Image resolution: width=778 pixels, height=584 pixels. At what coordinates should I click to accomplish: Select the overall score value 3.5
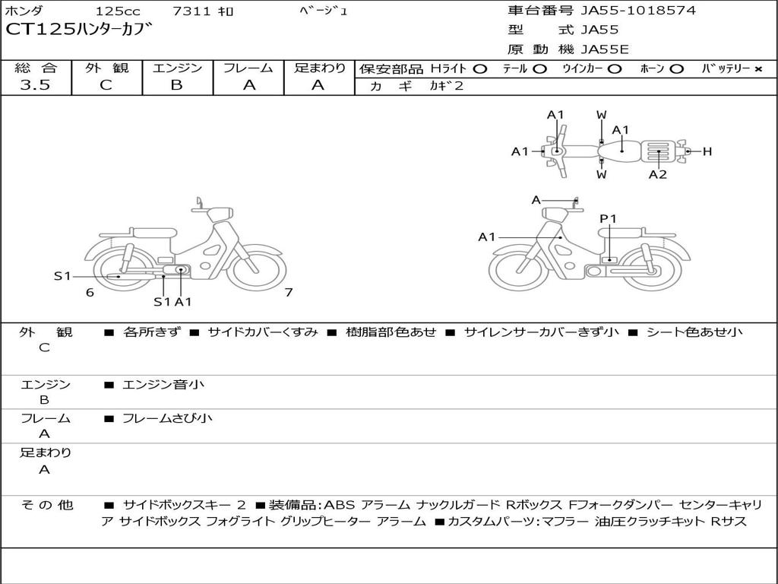pyautogui.click(x=35, y=85)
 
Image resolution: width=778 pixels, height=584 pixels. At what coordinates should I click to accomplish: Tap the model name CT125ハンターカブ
pyautogui.click(x=79, y=31)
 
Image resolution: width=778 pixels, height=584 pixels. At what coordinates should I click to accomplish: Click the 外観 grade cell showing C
pyautogui.click(x=106, y=85)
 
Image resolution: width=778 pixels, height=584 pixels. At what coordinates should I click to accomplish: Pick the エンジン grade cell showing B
pyautogui.click(x=176, y=85)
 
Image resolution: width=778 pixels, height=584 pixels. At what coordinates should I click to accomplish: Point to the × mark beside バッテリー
pyautogui.click(x=757, y=69)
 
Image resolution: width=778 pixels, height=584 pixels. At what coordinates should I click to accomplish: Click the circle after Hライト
pyautogui.click(x=479, y=69)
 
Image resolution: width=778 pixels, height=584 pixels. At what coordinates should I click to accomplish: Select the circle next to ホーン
pyautogui.click(x=676, y=69)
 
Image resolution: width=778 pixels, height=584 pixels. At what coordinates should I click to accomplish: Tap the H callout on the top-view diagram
pyautogui.click(x=707, y=151)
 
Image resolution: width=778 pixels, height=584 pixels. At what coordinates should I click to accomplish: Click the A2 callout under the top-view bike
pyautogui.click(x=657, y=174)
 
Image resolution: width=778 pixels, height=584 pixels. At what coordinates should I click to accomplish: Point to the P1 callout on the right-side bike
pyautogui.click(x=608, y=219)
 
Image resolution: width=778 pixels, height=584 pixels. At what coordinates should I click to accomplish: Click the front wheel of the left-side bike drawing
pyautogui.click(x=256, y=270)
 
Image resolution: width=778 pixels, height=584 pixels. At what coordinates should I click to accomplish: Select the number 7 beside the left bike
pyautogui.click(x=289, y=292)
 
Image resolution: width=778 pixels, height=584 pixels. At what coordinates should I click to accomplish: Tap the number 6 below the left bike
pyautogui.click(x=90, y=292)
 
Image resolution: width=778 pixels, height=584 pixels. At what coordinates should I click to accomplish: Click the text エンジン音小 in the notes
pyautogui.click(x=163, y=385)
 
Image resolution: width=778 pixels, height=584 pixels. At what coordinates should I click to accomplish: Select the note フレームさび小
pyautogui.click(x=167, y=418)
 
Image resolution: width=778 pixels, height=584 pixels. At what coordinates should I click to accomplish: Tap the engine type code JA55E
pyautogui.click(x=606, y=50)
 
